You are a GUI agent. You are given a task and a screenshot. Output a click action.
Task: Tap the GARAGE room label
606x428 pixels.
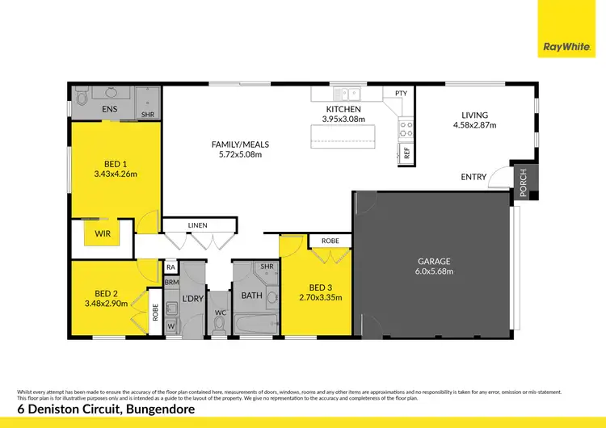coord(434,261)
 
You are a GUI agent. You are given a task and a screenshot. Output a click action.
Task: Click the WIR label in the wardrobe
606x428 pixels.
coord(103,233)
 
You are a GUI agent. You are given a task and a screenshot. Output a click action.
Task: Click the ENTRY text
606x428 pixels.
coord(473,178)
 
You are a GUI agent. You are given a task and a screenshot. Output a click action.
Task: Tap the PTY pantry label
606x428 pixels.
coord(401,94)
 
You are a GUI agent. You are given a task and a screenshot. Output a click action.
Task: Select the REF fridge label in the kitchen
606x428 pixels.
coord(406,152)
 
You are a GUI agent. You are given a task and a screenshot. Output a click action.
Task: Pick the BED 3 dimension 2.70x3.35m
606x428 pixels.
coord(321,297)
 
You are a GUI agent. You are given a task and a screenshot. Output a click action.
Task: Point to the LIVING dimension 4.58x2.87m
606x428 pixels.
coord(474,125)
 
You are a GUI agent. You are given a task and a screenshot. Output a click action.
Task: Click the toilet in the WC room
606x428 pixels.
coord(219,323)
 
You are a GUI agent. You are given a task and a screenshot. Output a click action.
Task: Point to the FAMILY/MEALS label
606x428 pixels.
coord(240,145)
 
